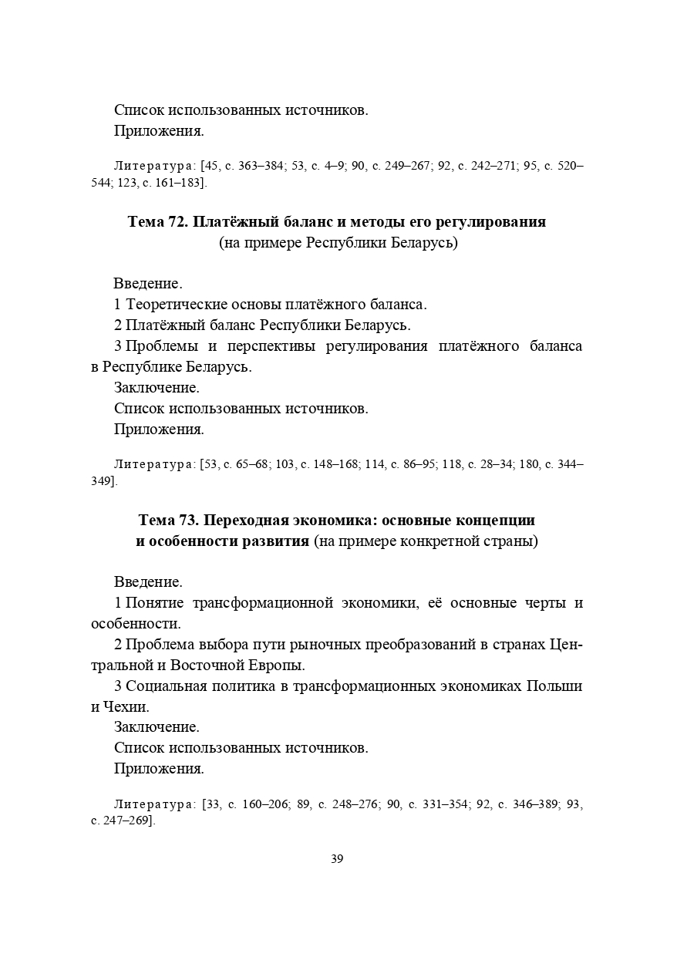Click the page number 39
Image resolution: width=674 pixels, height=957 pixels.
337,859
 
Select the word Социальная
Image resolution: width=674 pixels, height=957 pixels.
162,686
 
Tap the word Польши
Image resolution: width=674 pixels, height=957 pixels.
554,686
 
